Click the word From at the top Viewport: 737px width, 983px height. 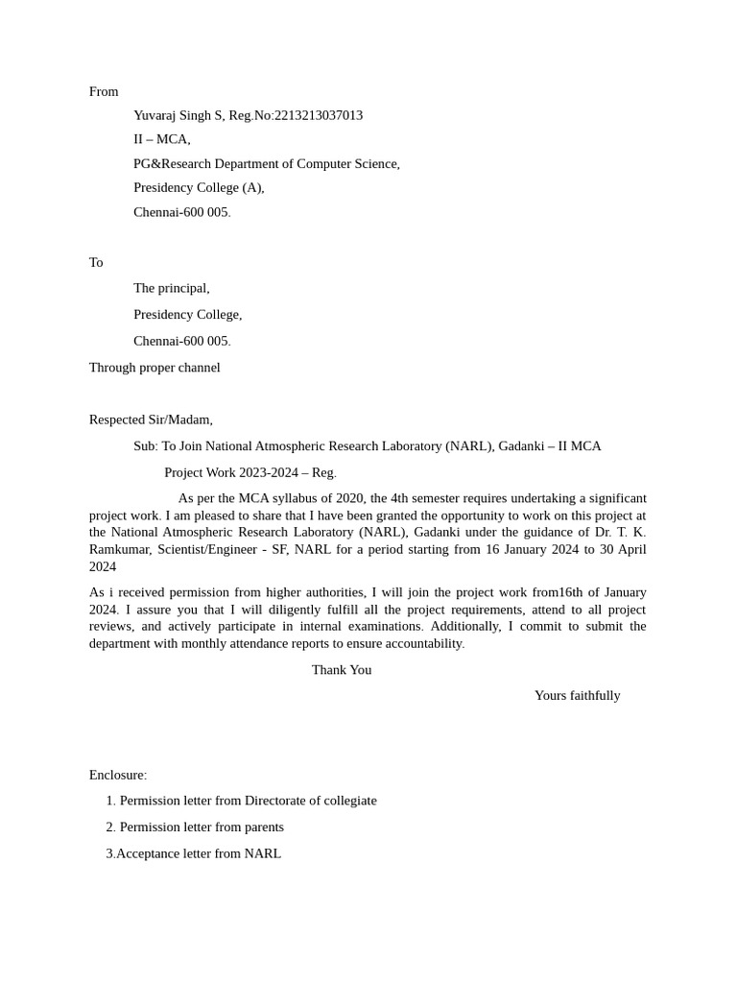104,91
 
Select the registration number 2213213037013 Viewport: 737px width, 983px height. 319,115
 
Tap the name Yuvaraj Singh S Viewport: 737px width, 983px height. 178,115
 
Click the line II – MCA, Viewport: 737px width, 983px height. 161,139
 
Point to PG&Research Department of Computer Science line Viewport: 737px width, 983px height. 266,163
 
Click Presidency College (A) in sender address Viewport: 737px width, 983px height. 198,187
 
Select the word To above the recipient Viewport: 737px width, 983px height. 96,262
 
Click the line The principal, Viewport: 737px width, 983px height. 171,288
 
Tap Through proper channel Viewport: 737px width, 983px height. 155,367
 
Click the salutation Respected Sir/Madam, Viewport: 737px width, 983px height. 151,420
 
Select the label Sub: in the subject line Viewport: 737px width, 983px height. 145,445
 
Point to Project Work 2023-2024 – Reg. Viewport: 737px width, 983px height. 250,472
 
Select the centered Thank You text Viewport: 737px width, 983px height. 342,669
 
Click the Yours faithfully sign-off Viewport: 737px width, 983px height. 577,695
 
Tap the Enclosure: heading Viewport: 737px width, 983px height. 118,775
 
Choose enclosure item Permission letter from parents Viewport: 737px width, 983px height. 202,827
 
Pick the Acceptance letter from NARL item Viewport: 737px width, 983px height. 198,853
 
